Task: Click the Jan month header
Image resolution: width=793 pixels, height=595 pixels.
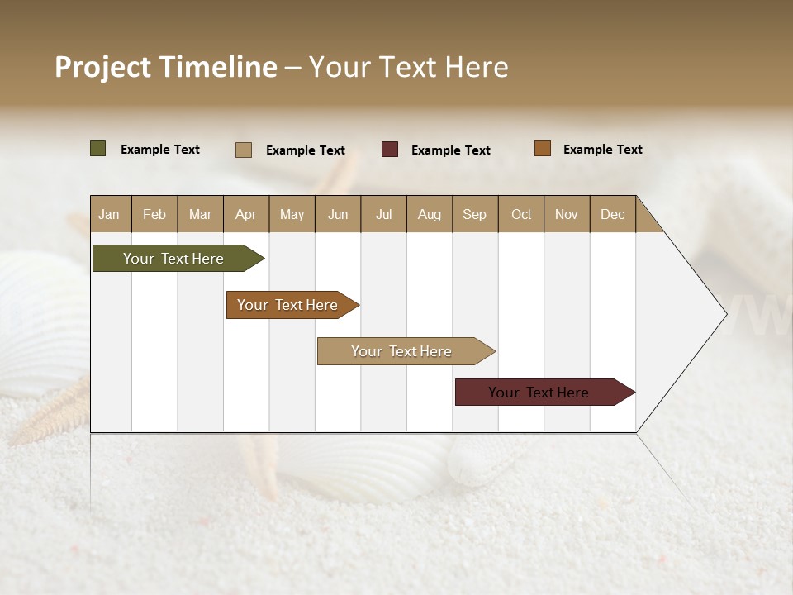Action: coord(110,214)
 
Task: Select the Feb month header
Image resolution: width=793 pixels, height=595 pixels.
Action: coord(154,214)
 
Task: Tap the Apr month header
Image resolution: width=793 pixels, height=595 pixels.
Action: coord(245,214)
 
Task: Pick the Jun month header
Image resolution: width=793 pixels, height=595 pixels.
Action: coord(338,214)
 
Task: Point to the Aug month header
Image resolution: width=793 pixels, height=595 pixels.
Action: coord(429,214)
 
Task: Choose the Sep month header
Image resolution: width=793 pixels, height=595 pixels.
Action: coord(474,214)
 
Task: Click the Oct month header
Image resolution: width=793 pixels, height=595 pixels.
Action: coord(521,214)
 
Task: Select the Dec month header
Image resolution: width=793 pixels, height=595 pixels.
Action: coord(612,214)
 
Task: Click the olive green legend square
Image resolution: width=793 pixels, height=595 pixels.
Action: coord(98,149)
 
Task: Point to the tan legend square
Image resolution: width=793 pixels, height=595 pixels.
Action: coord(244,150)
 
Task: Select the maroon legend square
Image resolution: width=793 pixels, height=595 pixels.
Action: coord(390,150)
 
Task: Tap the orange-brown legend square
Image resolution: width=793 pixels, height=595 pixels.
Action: coord(543,149)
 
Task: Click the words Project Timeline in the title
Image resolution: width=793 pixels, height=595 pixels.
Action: coord(166,67)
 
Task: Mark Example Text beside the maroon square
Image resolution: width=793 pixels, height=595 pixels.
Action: coord(451,150)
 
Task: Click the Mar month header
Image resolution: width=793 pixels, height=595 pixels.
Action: coord(200,214)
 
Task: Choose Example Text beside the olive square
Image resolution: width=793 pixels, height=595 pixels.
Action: coord(160,150)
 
